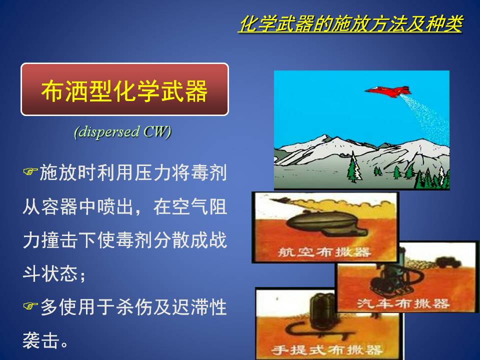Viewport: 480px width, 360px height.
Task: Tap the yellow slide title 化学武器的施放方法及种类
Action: (350, 24)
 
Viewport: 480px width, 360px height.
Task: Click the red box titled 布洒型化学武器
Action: (124, 89)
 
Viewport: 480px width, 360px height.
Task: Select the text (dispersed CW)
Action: (122, 132)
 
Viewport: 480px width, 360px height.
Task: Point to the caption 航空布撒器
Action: (324, 252)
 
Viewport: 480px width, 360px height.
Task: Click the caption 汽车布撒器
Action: (403, 303)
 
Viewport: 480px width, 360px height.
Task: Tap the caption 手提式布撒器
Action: (327, 350)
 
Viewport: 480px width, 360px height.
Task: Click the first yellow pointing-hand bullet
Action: (30, 171)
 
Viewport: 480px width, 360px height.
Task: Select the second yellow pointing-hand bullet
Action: (30, 305)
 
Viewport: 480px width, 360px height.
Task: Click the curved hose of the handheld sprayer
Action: (318, 330)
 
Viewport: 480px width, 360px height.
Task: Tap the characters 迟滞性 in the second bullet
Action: (199, 307)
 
